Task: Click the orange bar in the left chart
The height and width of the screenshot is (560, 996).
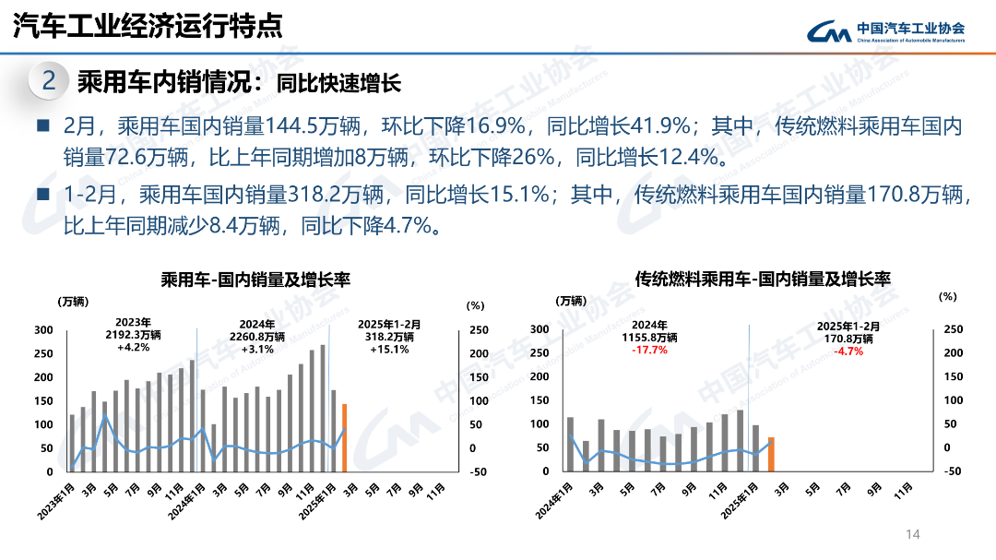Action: coord(344,437)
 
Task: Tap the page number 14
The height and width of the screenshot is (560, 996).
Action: coord(914,534)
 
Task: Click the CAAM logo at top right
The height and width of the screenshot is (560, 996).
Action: coord(886,31)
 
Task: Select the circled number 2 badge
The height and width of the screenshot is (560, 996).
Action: coord(49,82)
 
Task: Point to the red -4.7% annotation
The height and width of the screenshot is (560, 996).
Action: coord(848,351)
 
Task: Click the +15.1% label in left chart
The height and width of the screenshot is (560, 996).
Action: coord(388,350)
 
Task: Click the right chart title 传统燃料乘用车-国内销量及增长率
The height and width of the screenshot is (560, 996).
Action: coord(763,279)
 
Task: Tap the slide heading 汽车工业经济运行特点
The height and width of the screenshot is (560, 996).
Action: coord(147,26)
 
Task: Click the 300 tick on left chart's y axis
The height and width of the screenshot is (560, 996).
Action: coord(43,329)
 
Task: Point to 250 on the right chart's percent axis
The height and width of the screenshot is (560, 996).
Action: coord(953,329)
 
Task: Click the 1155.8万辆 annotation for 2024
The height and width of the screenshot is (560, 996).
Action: coord(650,338)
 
